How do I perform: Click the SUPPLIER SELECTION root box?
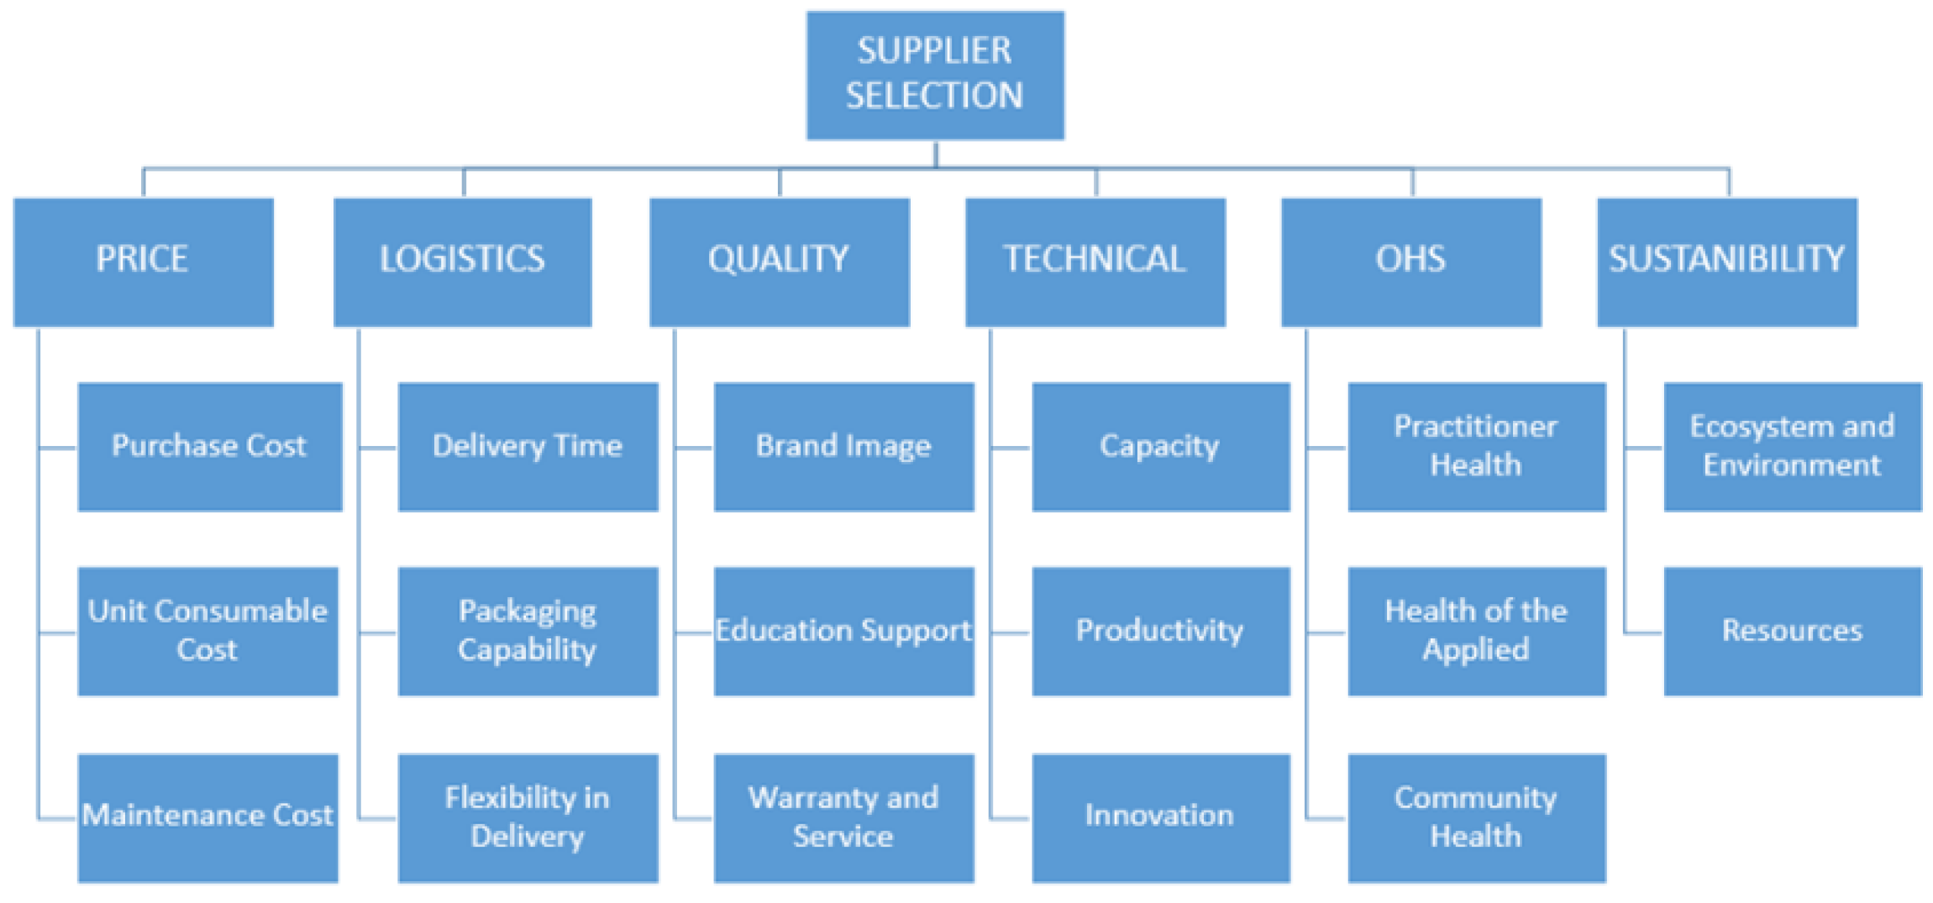pyautogui.click(x=935, y=75)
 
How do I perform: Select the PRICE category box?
pyautogui.click(x=143, y=261)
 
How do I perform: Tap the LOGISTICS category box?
pyautogui.click(x=462, y=261)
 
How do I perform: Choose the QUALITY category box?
pyautogui.click(x=779, y=261)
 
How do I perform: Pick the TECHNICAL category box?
pyautogui.click(x=1095, y=261)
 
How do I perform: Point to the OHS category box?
pyautogui.click(x=1410, y=261)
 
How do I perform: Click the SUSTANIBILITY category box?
pyautogui.click(x=1726, y=261)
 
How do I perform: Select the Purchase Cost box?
pyautogui.click(x=209, y=446)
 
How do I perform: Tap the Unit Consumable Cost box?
pyautogui.click(x=207, y=631)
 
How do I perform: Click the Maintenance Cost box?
pyautogui.click(x=207, y=816)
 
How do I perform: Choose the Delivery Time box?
pyautogui.click(x=528, y=446)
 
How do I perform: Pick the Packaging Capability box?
pyautogui.click(x=528, y=631)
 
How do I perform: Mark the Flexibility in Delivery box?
pyautogui.click(x=528, y=816)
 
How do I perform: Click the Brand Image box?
pyautogui.click(x=843, y=446)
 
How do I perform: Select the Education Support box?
pyautogui.click(x=843, y=631)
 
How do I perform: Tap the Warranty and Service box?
pyautogui.click(x=843, y=816)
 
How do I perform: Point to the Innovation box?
pyautogui.click(x=1160, y=816)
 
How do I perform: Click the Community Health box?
pyautogui.click(x=1476, y=816)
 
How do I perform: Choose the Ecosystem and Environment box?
pyautogui.click(x=1792, y=446)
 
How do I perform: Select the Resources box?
pyautogui.click(x=1792, y=631)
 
